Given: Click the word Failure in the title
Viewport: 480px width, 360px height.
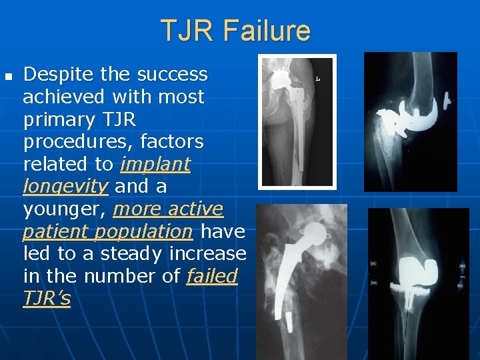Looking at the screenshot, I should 267,31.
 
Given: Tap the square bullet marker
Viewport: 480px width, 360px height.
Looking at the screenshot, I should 8,75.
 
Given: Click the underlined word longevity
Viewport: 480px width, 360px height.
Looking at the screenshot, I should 65,187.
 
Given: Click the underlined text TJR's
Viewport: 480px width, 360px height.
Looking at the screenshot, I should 47,299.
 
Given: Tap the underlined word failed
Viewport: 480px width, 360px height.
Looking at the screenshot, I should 212,277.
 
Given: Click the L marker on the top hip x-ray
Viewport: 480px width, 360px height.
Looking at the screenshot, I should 318,79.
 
